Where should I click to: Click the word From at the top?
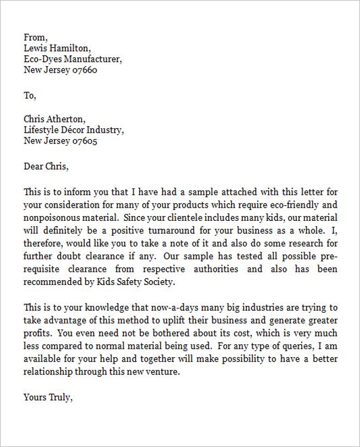coord(34,37)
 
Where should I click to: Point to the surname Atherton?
coord(70,119)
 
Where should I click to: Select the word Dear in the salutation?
coord(34,166)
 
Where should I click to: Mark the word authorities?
coord(216,269)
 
